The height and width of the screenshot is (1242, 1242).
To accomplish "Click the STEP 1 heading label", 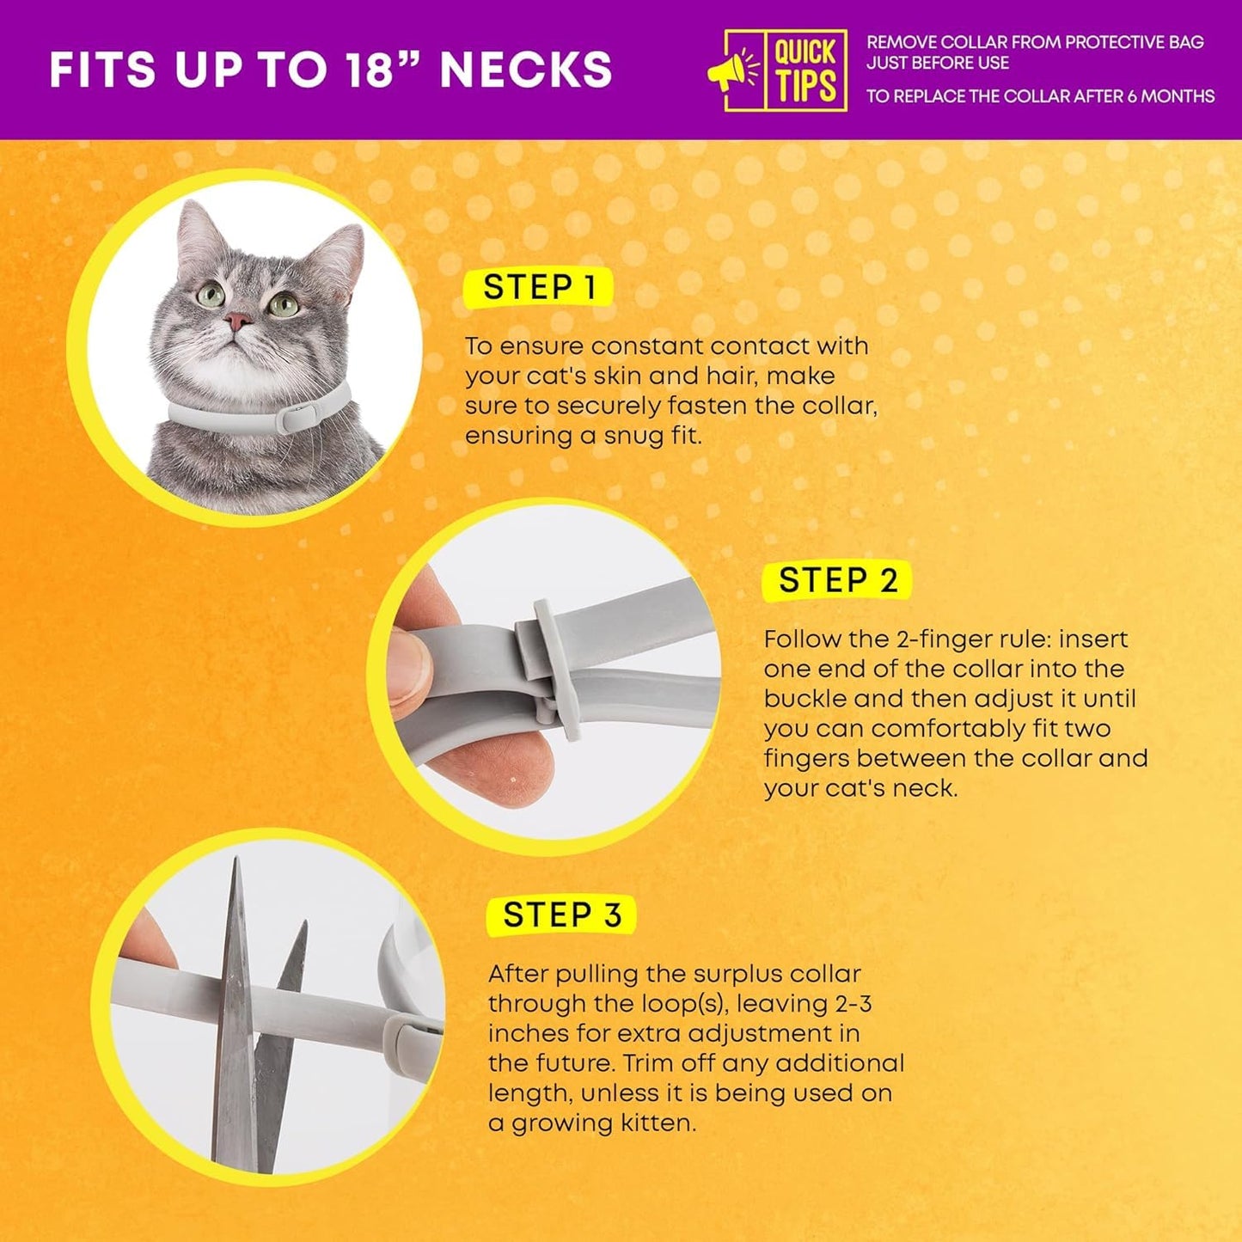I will (539, 287).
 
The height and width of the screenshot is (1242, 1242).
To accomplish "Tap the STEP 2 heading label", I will (838, 580).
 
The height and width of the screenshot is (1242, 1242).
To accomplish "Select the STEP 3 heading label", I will (561, 915).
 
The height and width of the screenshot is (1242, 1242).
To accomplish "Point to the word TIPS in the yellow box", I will (805, 87).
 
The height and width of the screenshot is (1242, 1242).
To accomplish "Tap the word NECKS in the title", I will (526, 70).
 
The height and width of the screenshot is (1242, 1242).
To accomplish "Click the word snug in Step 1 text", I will (633, 436).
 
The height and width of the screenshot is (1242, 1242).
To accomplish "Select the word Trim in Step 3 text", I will (648, 1063).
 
